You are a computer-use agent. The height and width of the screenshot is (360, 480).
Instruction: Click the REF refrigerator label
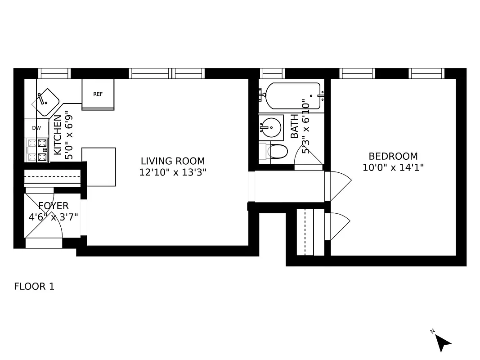[98, 94]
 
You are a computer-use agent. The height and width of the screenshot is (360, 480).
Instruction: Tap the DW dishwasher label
[36, 128]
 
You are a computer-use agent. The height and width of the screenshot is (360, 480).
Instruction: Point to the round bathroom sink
[271, 128]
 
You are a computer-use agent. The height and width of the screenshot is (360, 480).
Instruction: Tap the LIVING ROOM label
[173, 161]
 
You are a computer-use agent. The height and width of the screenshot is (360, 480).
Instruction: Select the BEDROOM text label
[393, 157]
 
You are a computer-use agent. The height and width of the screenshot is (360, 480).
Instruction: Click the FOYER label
[53, 206]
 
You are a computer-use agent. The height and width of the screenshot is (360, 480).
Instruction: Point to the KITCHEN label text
[58, 135]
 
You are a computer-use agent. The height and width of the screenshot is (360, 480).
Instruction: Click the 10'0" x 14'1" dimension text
[393, 167]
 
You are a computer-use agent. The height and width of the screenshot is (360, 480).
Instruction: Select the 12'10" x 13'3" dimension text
[173, 172]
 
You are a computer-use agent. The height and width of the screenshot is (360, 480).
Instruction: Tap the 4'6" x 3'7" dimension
[53, 216]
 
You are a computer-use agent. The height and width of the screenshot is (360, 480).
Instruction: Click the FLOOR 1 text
[34, 287]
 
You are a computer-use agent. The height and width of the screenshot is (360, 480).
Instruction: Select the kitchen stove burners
[37, 150]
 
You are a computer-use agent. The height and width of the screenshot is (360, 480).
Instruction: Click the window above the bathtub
[273, 73]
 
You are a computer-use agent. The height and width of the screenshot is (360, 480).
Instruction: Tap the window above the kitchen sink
[54, 73]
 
